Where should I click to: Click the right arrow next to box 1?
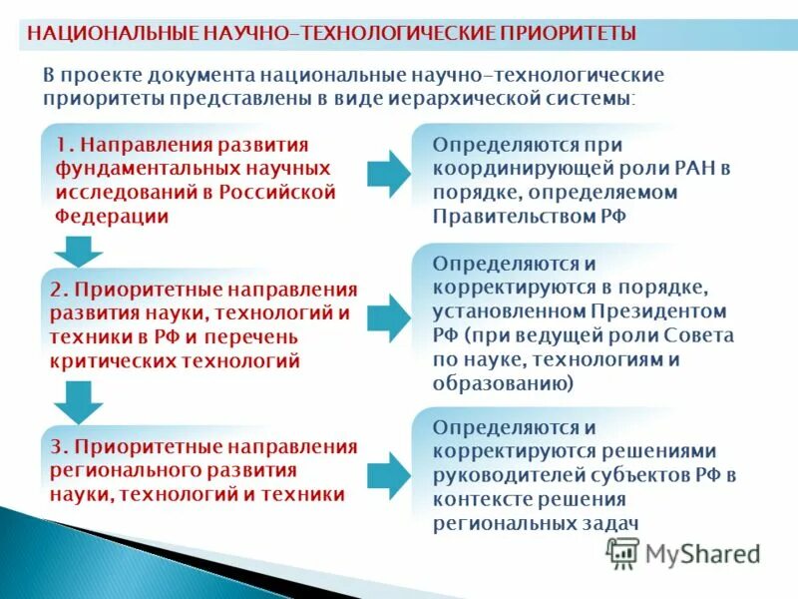(388, 175)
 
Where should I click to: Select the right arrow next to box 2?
(388, 318)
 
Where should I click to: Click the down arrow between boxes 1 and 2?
(78, 251)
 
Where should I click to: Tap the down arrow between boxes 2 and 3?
(78, 401)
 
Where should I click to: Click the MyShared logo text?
(702, 553)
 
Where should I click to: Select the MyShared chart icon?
(623, 553)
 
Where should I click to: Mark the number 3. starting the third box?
(58, 445)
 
